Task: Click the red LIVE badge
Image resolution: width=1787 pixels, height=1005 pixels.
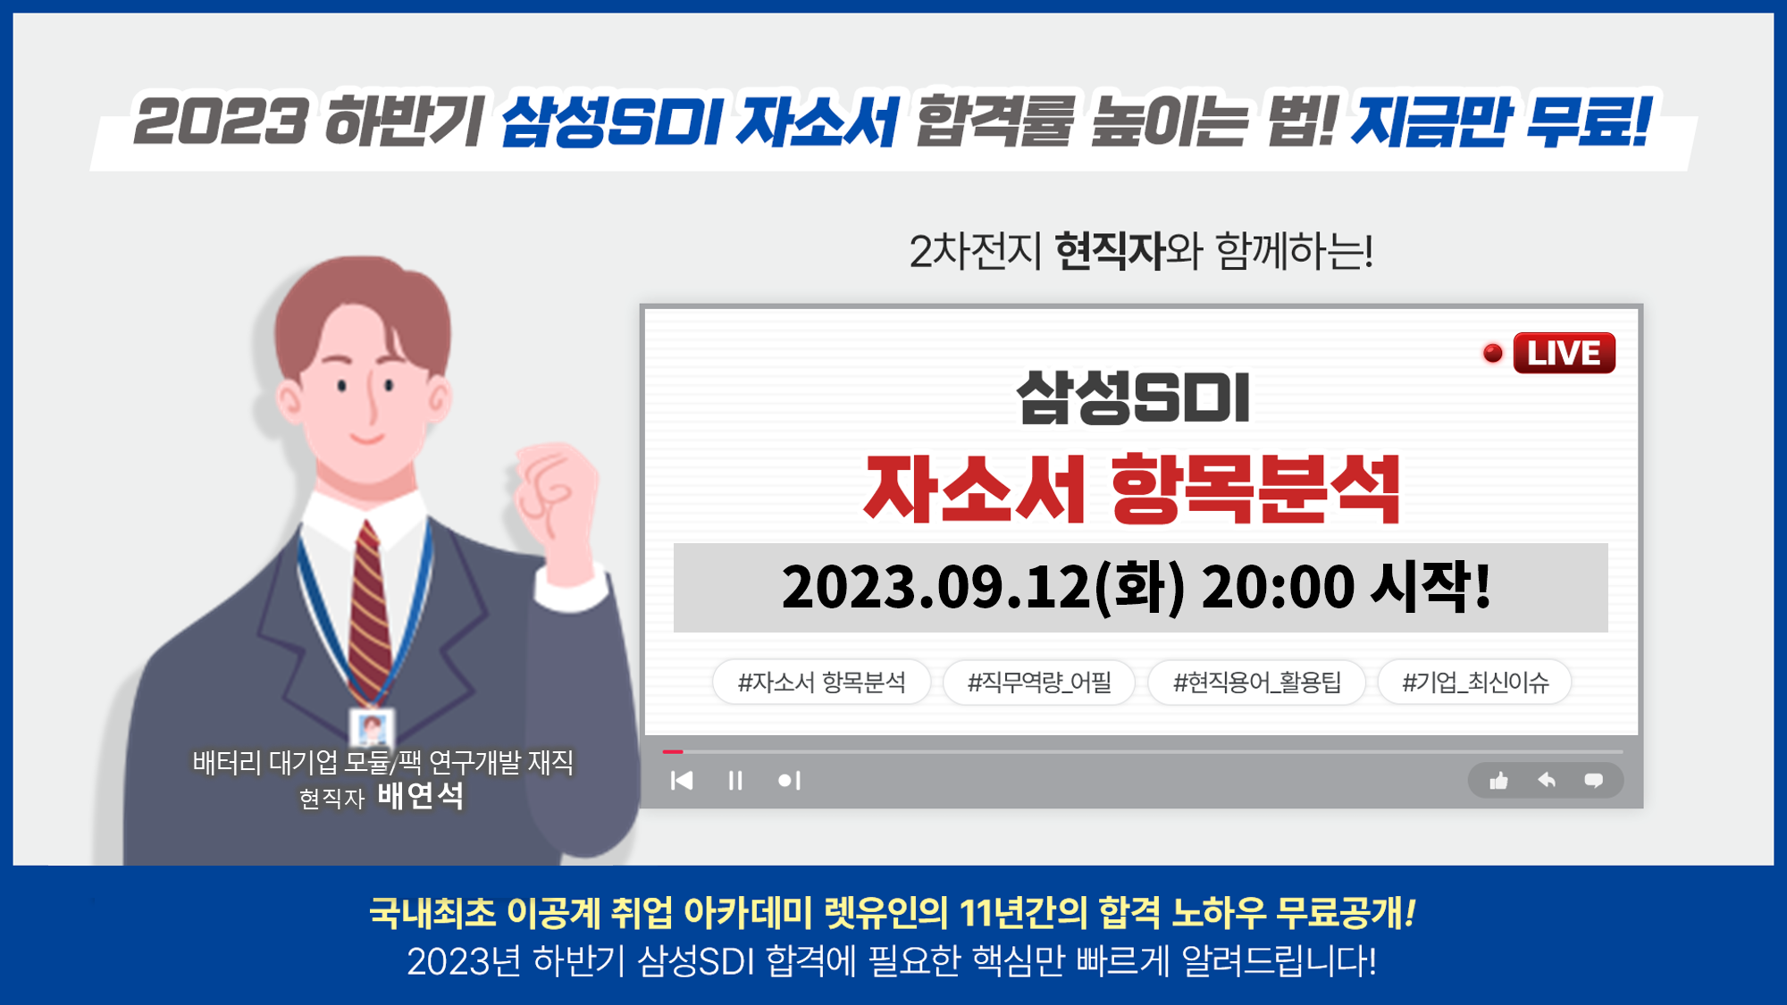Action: click(x=1564, y=353)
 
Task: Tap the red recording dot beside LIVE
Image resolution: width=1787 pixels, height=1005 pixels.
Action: click(x=1492, y=353)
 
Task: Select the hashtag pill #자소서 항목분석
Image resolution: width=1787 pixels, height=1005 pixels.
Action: click(x=821, y=683)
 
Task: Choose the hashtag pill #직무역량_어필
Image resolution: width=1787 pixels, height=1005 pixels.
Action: click(x=1039, y=683)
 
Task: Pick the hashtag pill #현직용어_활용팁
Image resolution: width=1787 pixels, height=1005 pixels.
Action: click(x=1256, y=683)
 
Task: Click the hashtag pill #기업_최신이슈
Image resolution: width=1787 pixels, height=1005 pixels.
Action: click(x=1474, y=683)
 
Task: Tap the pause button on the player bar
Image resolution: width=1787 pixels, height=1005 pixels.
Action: click(x=735, y=781)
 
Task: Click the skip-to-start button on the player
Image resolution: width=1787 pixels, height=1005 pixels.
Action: click(x=682, y=781)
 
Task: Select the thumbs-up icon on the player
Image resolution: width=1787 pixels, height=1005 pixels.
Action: click(x=1498, y=781)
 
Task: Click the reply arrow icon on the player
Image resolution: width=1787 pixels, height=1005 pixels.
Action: click(x=1547, y=780)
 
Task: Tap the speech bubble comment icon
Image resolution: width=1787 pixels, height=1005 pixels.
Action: click(x=1593, y=781)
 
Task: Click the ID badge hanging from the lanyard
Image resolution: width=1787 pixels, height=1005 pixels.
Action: click(x=371, y=728)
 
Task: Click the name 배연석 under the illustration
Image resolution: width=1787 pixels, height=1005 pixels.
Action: click(x=420, y=795)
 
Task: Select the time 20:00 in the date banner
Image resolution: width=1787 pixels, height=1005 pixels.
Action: click(x=1278, y=587)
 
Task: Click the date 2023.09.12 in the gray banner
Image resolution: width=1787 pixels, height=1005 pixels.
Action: click(x=936, y=587)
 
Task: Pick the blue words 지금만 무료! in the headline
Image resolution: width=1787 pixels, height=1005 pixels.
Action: click(x=1500, y=121)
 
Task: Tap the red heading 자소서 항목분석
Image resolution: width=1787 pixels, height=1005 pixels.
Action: click(x=1132, y=489)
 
